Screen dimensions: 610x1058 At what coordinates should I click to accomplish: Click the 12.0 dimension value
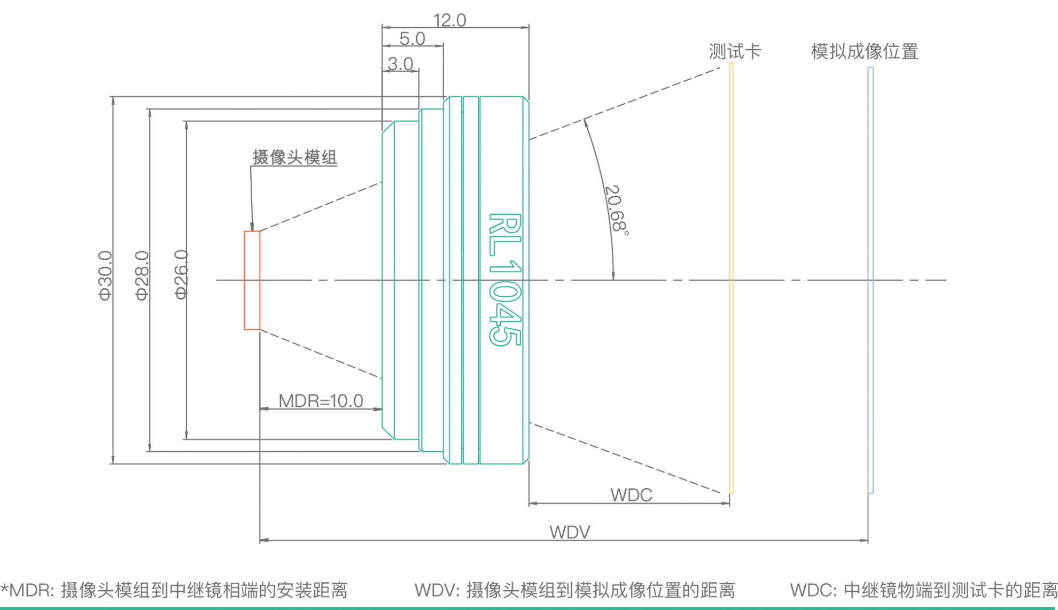(x=449, y=20)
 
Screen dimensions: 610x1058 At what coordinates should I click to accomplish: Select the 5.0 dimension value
(x=412, y=38)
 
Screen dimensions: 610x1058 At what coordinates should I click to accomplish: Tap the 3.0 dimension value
(x=400, y=64)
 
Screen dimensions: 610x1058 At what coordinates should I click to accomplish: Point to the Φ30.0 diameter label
(x=105, y=275)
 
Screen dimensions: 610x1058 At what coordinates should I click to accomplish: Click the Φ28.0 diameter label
(x=142, y=275)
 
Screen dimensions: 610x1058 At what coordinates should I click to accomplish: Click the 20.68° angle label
(x=616, y=209)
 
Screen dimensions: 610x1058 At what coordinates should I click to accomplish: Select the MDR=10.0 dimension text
(x=321, y=400)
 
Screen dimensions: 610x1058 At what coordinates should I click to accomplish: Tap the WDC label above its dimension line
(x=631, y=495)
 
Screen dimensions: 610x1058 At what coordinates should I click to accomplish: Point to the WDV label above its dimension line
(x=570, y=532)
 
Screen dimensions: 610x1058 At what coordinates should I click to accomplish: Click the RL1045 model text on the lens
(x=504, y=279)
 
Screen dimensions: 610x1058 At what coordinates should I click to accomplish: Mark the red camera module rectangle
(x=252, y=280)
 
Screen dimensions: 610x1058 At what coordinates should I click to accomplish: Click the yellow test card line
(x=731, y=278)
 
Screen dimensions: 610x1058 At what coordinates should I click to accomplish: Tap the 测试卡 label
(x=735, y=51)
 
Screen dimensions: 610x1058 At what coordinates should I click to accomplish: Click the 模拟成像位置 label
(x=864, y=51)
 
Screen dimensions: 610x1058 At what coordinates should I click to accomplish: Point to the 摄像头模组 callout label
(x=294, y=157)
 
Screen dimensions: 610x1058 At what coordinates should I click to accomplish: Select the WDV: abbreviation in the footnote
(x=437, y=590)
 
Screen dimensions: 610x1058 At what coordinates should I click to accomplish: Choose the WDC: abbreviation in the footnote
(x=813, y=590)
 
